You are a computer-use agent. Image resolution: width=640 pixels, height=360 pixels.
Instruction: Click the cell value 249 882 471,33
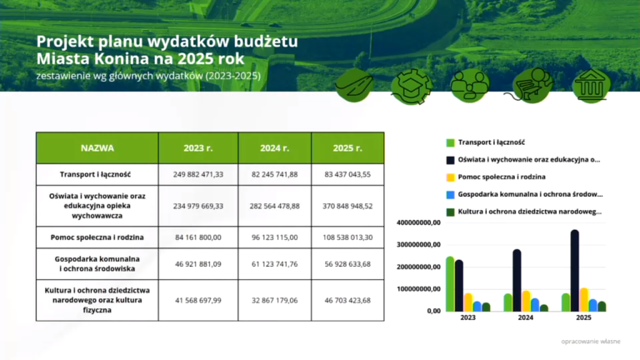[198, 175]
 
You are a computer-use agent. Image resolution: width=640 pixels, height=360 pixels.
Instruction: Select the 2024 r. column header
[274, 147]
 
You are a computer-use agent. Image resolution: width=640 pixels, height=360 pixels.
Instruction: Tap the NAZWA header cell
[97, 147]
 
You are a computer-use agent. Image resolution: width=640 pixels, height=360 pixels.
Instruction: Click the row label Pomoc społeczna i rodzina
[97, 237]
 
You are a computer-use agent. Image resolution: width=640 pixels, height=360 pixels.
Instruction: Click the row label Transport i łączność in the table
[97, 175]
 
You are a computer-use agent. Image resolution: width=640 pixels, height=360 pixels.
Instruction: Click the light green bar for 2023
[450, 283]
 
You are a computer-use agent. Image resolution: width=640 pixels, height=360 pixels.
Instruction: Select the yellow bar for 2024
[526, 301]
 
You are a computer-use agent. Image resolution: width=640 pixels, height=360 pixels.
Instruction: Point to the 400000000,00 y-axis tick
[418, 223]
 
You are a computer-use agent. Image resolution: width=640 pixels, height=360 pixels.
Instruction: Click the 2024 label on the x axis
[526, 318]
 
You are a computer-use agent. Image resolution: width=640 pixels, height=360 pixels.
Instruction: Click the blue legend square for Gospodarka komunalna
[450, 194]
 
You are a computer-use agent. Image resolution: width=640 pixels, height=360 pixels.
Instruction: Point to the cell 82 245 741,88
[274, 175]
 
